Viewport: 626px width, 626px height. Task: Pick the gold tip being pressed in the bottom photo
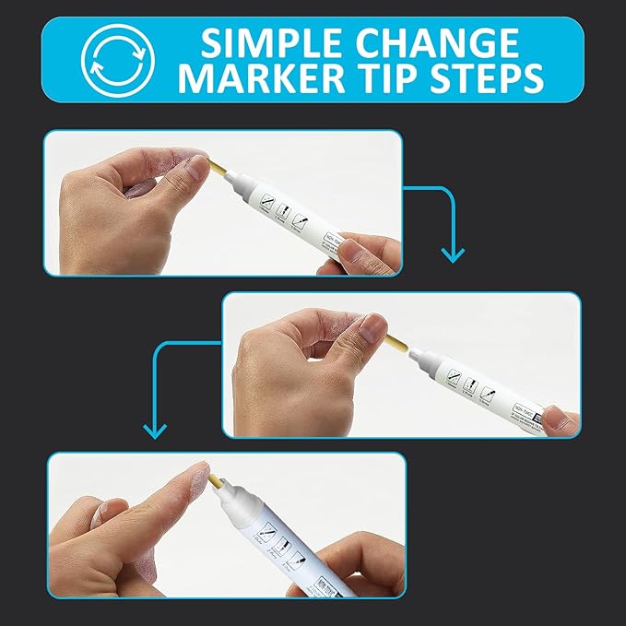click(214, 482)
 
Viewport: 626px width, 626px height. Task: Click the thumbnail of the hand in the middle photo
click(372, 327)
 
